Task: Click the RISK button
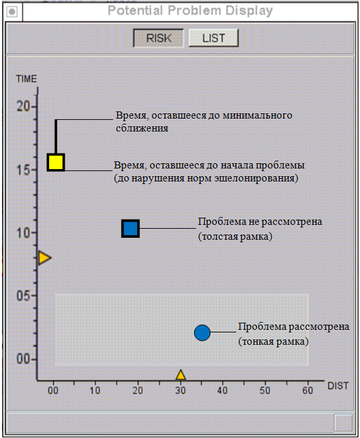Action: [159, 38]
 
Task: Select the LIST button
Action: [214, 38]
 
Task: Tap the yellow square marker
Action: [56, 162]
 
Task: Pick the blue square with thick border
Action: [130, 229]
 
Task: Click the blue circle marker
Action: [202, 332]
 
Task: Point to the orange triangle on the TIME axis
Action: [44, 257]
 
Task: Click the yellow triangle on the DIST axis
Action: [181, 375]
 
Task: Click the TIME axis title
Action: [27, 79]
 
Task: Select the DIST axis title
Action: [338, 386]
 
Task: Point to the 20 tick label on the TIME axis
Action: [23, 106]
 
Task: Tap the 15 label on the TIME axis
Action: [23, 170]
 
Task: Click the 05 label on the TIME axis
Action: [23, 295]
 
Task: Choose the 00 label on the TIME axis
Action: [23, 359]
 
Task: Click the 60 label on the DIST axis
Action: [308, 391]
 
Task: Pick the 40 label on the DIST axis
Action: [223, 391]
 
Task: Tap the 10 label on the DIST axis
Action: [95, 391]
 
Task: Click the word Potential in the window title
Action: [135, 10]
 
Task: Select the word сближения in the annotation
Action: [142, 128]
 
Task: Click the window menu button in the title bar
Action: [12, 12]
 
